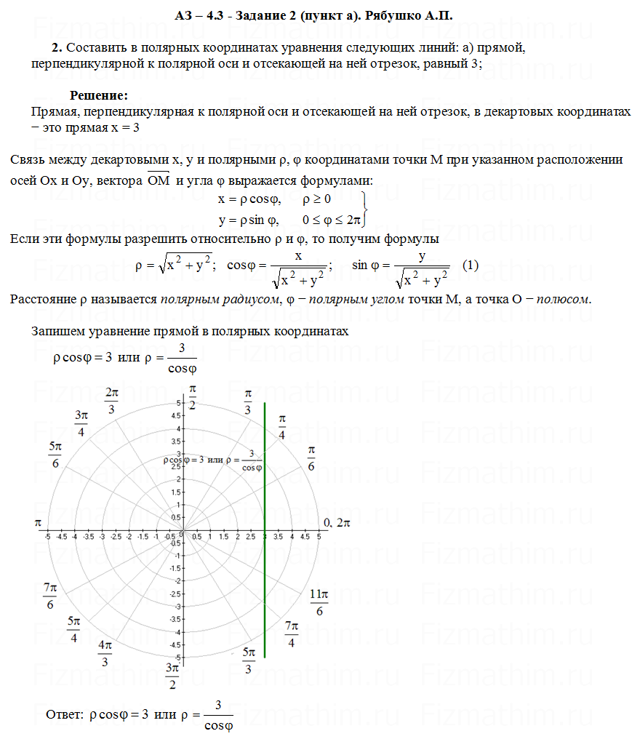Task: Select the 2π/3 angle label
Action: (111, 400)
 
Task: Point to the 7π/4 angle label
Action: (291, 634)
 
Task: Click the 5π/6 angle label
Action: (55, 455)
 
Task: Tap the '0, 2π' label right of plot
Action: (337, 522)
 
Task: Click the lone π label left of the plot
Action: (38, 522)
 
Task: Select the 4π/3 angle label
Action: (105, 653)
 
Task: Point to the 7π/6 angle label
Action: (50, 596)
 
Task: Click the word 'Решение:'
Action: (99, 95)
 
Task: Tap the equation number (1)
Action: (471, 265)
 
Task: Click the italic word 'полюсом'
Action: (564, 299)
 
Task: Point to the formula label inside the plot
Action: (213, 460)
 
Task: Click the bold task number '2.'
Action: (57, 47)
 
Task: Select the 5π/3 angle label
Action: (249, 660)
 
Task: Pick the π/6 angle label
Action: (311, 458)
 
